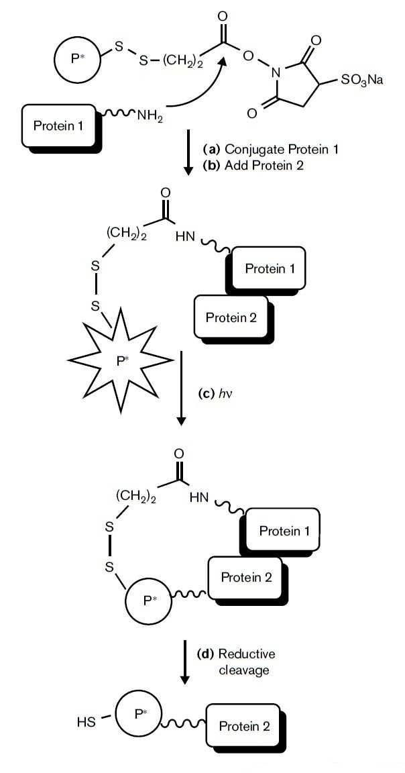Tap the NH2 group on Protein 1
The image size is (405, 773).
(x=150, y=115)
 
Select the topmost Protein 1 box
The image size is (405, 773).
(x=58, y=125)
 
